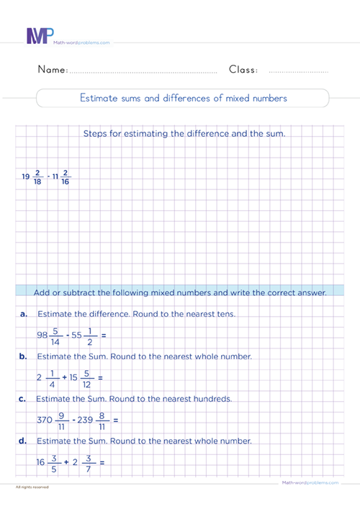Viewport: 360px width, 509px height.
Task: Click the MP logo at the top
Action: click(x=40, y=36)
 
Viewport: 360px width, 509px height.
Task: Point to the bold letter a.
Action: click(x=24, y=315)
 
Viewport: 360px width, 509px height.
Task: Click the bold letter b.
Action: click(x=24, y=356)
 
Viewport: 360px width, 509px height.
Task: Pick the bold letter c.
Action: click(x=24, y=398)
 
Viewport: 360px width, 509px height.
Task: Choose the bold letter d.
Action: click(x=24, y=441)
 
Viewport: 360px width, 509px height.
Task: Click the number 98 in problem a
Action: click(x=43, y=335)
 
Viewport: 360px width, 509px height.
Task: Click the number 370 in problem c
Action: click(x=46, y=419)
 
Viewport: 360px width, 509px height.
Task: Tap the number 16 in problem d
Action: click(x=42, y=461)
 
